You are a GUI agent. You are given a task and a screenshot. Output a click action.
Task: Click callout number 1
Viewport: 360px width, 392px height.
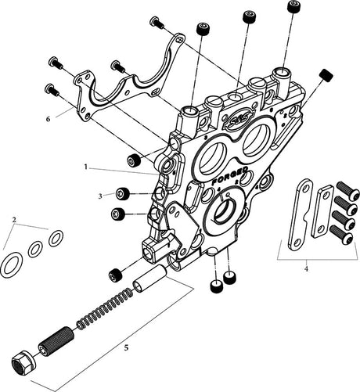[86, 167]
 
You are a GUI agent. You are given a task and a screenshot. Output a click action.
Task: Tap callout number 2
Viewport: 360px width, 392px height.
[14, 220]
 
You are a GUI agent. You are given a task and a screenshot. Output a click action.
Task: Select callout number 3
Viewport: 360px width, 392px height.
[100, 196]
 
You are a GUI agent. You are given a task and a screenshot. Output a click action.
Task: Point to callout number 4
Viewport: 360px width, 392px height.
[306, 268]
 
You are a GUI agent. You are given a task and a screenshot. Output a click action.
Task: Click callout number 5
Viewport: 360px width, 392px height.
[126, 347]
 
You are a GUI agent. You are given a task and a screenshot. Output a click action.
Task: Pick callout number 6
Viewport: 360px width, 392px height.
[48, 119]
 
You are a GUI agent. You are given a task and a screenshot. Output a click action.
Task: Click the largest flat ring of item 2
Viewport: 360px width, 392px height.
[12, 263]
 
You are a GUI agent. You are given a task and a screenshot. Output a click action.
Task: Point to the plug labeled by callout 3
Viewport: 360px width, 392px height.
[123, 194]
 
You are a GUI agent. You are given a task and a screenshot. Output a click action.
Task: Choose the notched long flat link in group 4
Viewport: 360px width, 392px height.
[300, 214]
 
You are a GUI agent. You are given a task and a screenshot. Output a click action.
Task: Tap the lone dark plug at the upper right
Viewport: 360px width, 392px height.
[326, 75]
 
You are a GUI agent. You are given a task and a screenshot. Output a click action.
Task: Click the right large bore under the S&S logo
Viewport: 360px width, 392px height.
[258, 138]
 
